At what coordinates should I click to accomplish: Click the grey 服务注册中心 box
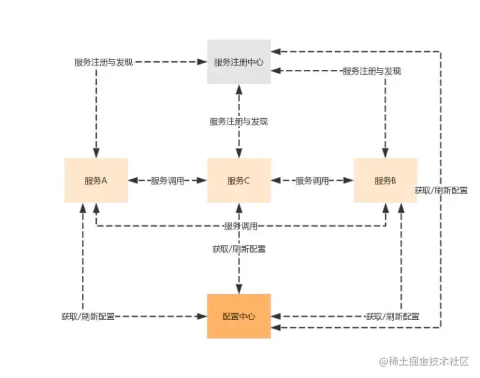239,62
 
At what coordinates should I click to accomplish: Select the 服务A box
96,180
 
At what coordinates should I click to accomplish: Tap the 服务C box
239,180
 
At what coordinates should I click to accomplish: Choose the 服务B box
385,180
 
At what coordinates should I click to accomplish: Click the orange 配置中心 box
239,316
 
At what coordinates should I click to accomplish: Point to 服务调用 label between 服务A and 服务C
167,181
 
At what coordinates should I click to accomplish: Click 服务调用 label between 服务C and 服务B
312,181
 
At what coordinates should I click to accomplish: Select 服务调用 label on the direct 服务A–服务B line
241,227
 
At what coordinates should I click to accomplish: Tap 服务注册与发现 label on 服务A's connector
104,62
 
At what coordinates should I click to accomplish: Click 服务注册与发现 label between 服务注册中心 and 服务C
239,121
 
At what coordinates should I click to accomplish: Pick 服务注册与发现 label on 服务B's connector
372,71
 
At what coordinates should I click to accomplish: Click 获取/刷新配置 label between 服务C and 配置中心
239,249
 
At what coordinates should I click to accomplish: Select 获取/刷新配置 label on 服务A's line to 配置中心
87,316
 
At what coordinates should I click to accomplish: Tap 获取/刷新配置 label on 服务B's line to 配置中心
393,316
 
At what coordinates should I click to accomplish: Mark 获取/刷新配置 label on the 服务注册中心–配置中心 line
441,190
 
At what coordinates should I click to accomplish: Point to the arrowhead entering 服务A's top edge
96,154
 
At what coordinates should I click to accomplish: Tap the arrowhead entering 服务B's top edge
385,154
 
